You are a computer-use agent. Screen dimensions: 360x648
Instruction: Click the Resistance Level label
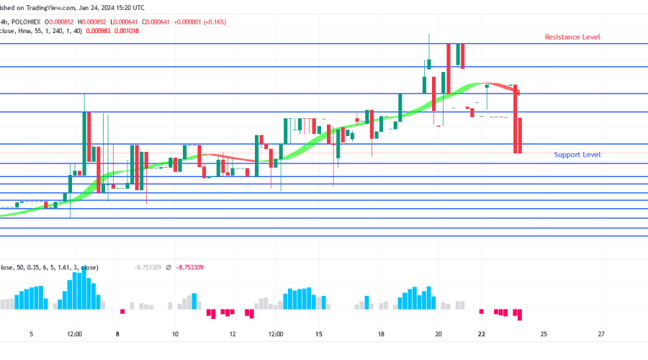coord(572,37)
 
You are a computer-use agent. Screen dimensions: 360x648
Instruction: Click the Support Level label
coord(577,155)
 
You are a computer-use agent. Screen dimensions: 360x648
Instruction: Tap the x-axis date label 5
coord(31,334)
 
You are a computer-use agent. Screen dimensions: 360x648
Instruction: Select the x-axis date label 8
coord(117,334)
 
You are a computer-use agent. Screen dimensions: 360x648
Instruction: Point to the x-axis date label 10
coord(175,334)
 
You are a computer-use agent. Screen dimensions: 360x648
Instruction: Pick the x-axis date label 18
coord(382,334)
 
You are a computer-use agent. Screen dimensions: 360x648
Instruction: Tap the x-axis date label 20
coord(438,334)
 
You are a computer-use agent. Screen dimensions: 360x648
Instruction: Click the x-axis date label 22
coord(482,334)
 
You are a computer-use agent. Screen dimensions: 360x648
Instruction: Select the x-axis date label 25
coord(544,334)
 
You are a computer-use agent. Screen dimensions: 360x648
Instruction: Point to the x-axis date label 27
coord(601,334)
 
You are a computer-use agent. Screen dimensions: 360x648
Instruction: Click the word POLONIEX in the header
coord(35,22)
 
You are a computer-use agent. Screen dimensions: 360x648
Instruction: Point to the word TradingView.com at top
coord(50,6)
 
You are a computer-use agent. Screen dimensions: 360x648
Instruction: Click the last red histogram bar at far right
coord(519,315)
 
